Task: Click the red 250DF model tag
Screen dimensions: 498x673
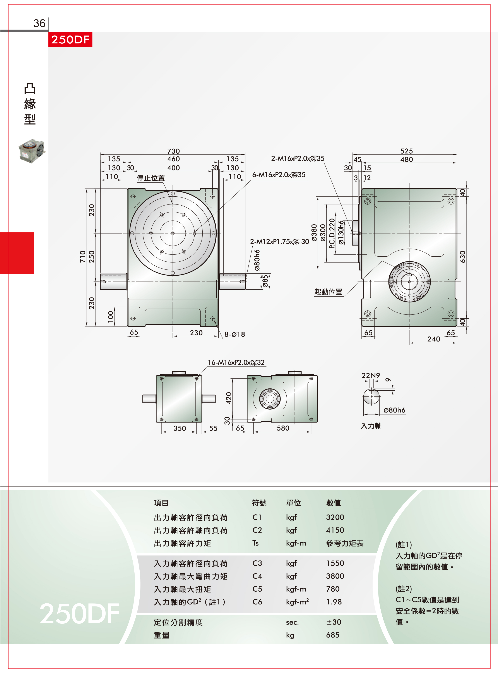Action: pos(70,39)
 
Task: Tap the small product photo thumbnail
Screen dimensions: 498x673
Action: pos(32,151)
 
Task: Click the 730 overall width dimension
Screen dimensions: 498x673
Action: pos(173,151)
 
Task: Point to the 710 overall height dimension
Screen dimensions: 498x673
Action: pos(83,257)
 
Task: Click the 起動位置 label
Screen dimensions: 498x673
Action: pos(328,292)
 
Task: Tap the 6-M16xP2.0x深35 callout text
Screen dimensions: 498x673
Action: pos(279,175)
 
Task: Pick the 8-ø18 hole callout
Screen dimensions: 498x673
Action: pos(234,334)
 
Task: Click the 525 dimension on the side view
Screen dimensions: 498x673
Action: pos(406,151)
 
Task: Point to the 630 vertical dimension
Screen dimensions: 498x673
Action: pos(462,257)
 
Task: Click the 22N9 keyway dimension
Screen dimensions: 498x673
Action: pos(371,375)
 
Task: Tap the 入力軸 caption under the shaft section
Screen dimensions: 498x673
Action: pos(371,426)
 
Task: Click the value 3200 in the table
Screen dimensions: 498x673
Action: pos(335,517)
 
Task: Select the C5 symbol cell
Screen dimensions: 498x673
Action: pos(257,589)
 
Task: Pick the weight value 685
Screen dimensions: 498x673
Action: pos(333,635)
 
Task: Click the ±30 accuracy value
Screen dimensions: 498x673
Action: pos(334,622)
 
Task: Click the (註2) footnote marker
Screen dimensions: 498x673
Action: pos(404,589)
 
